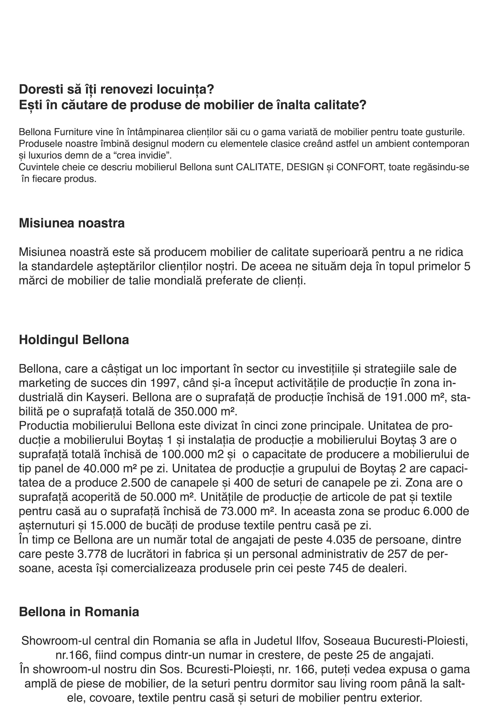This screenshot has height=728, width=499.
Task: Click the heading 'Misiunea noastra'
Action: pos(72,224)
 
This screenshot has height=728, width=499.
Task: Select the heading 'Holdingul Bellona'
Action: pos(74,340)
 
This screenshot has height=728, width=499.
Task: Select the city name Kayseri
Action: pos(107,398)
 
